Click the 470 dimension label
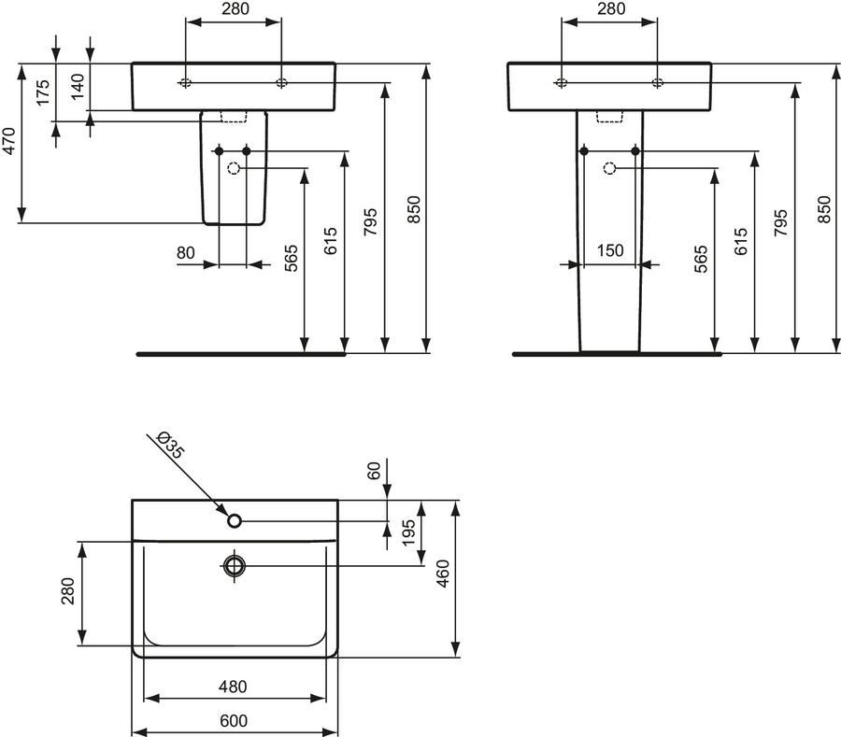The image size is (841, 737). click(9, 141)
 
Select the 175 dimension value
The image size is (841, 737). click(43, 92)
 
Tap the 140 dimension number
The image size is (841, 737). click(78, 86)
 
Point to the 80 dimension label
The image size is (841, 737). click(186, 252)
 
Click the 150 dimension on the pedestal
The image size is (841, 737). click(610, 250)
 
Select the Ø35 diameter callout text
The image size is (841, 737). click(171, 445)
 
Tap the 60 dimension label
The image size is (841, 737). click(374, 471)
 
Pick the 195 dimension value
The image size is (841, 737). click(408, 532)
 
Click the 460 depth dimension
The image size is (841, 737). click(443, 574)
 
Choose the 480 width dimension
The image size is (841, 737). click(233, 687)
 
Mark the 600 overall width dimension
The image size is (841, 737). click(234, 721)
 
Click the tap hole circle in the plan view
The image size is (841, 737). click(235, 520)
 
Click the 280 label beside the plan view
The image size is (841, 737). click(68, 590)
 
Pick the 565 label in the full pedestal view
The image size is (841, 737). click(701, 259)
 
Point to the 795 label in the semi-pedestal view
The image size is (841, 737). click(371, 222)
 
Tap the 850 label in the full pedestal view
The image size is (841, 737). click(824, 209)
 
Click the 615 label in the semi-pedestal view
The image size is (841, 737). click(331, 241)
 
